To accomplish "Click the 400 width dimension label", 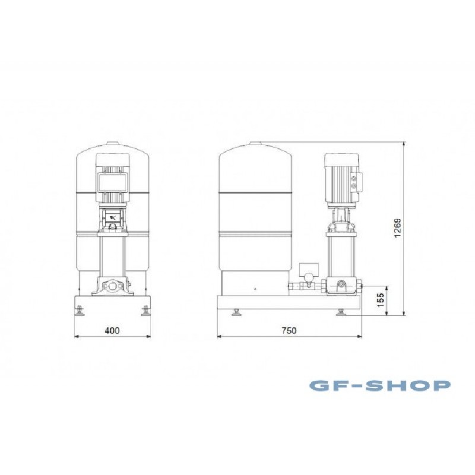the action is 112,330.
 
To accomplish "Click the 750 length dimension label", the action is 289,330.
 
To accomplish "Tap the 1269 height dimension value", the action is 397,228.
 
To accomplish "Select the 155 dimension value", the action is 381,300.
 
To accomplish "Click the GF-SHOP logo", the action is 380,385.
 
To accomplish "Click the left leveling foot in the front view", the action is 80,311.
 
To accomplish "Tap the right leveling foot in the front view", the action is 145,311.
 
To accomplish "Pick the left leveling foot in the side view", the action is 236,312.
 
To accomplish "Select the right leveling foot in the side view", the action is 341,312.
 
